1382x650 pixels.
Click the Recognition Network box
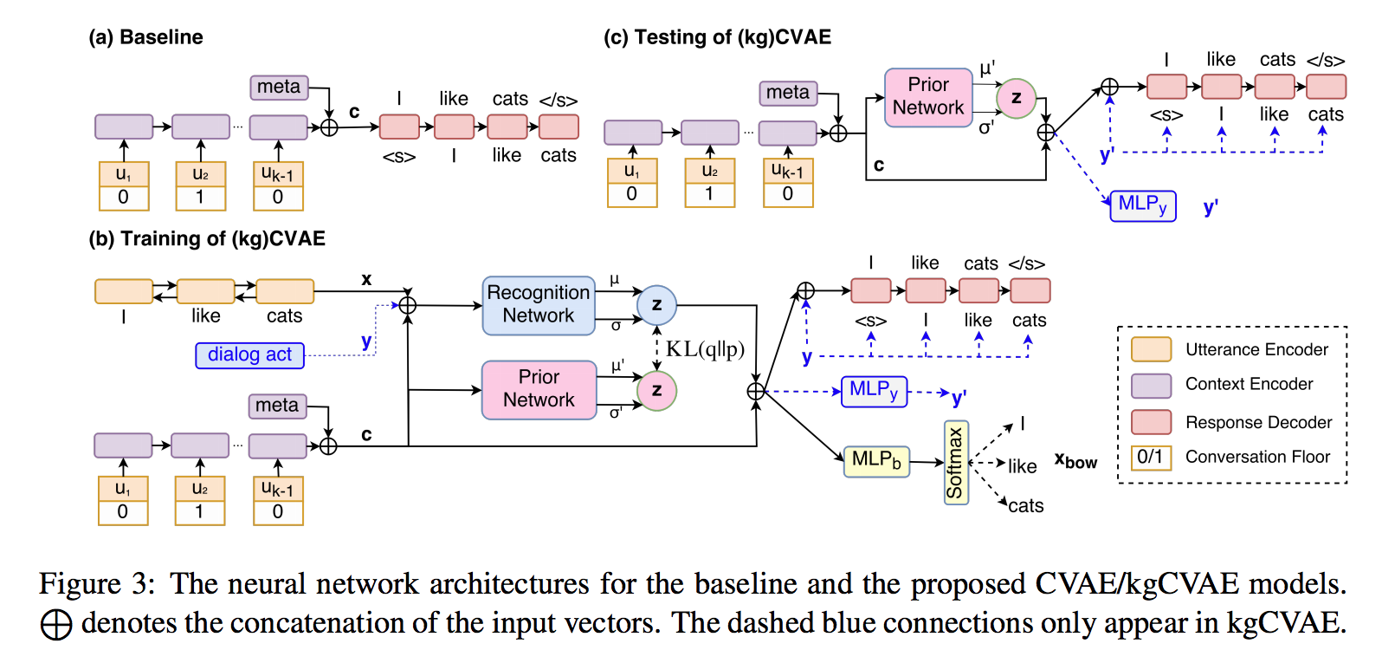tap(538, 305)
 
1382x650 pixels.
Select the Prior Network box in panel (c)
tap(927, 97)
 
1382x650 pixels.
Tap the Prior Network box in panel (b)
tap(539, 389)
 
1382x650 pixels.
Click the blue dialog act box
tap(249, 354)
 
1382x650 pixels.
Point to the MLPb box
tap(876, 460)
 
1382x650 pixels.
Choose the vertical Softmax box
tap(955, 463)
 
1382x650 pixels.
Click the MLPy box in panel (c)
tap(1142, 205)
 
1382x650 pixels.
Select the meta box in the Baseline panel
tap(279, 88)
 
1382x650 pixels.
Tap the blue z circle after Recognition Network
tap(656, 304)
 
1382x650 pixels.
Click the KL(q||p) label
tap(705, 349)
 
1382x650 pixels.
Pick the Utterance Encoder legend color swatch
tap(1151, 349)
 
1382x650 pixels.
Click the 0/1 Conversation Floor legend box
tap(1151, 457)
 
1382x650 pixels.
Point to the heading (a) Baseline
tap(145, 37)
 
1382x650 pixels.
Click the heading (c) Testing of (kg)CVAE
tap(717, 37)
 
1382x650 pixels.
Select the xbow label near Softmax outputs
tap(1075, 461)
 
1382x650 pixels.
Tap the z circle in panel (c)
tap(1016, 98)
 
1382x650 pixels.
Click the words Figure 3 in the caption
tap(95, 583)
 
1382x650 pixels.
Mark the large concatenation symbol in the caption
tap(56, 624)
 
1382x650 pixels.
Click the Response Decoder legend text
tap(1258, 422)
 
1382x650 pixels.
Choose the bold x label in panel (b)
tap(366, 279)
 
